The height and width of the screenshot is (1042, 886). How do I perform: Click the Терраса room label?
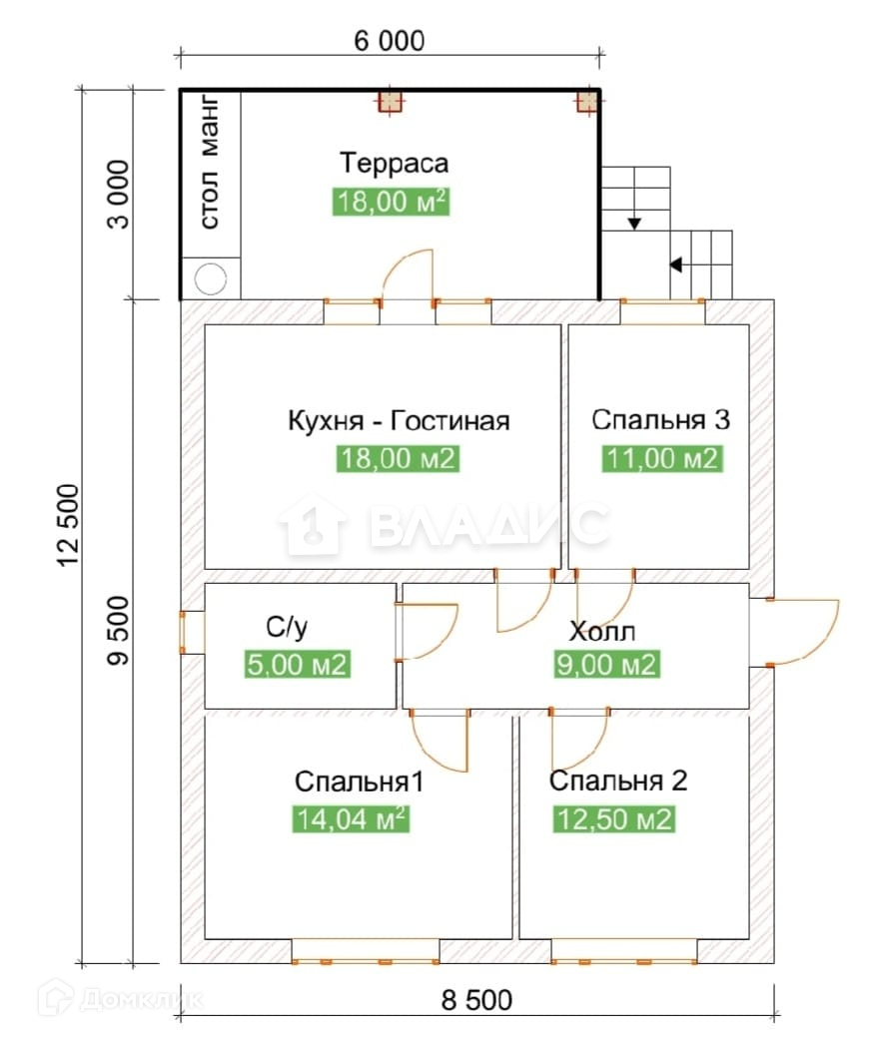pyautogui.click(x=394, y=163)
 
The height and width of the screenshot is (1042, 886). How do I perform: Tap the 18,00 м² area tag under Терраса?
pyautogui.click(x=391, y=203)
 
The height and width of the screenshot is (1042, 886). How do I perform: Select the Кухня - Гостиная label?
pyautogui.click(x=398, y=420)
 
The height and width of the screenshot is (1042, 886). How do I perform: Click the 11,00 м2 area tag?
pyautogui.click(x=661, y=459)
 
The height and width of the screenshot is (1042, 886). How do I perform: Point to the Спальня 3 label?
pyautogui.click(x=660, y=420)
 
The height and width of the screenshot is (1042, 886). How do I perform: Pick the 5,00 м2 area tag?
pyautogui.click(x=297, y=665)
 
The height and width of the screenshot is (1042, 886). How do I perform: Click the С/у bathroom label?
pyautogui.click(x=287, y=628)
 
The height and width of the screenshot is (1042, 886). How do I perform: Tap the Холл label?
pyautogui.click(x=602, y=632)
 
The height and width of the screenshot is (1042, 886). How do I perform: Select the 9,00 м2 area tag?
pyautogui.click(x=607, y=665)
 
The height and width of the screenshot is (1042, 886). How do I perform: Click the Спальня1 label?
pyautogui.click(x=360, y=781)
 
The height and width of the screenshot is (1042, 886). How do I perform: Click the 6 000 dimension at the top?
pyautogui.click(x=388, y=41)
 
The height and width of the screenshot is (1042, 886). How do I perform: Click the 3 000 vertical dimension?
pyautogui.click(x=119, y=195)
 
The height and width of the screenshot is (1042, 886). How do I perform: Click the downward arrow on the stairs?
pyautogui.click(x=633, y=223)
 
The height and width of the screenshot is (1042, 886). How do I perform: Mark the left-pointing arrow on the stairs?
pyautogui.click(x=676, y=265)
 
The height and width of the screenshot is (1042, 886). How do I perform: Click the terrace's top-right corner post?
pyautogui.click(x=587, y=102)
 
